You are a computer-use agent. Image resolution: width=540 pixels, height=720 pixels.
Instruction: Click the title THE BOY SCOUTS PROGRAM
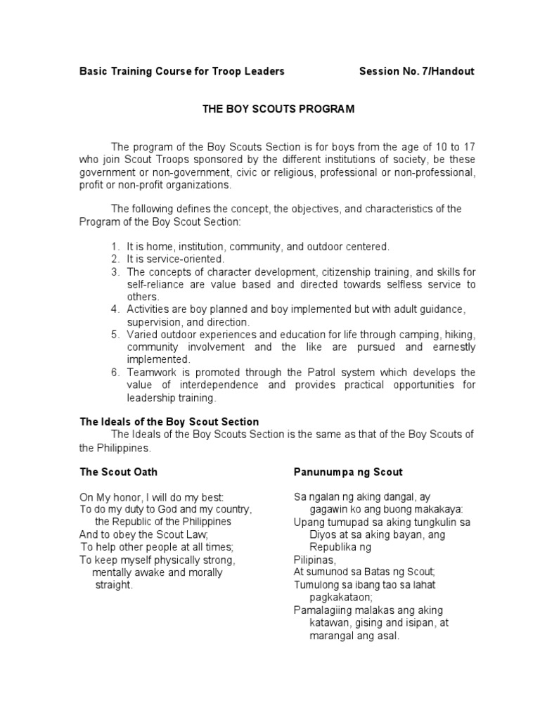[269, 109]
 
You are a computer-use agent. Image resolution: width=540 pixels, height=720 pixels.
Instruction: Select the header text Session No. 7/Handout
[416, 71]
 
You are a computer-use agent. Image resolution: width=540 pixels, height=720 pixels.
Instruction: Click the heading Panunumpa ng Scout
[347, 472]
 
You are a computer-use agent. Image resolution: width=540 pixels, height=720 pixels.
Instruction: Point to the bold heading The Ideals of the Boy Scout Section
[169, 422]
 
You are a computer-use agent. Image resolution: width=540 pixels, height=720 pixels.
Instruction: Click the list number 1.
[115, 247]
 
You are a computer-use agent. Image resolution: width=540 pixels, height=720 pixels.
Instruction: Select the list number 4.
[115, 309]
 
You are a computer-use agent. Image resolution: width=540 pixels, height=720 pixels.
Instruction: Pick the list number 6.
[115, 372]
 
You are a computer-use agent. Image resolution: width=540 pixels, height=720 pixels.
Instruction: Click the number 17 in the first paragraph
[468, 147]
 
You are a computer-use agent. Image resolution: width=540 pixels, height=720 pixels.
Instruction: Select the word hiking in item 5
[460, 335]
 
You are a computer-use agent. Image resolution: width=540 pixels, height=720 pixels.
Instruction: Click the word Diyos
[323, 534]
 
